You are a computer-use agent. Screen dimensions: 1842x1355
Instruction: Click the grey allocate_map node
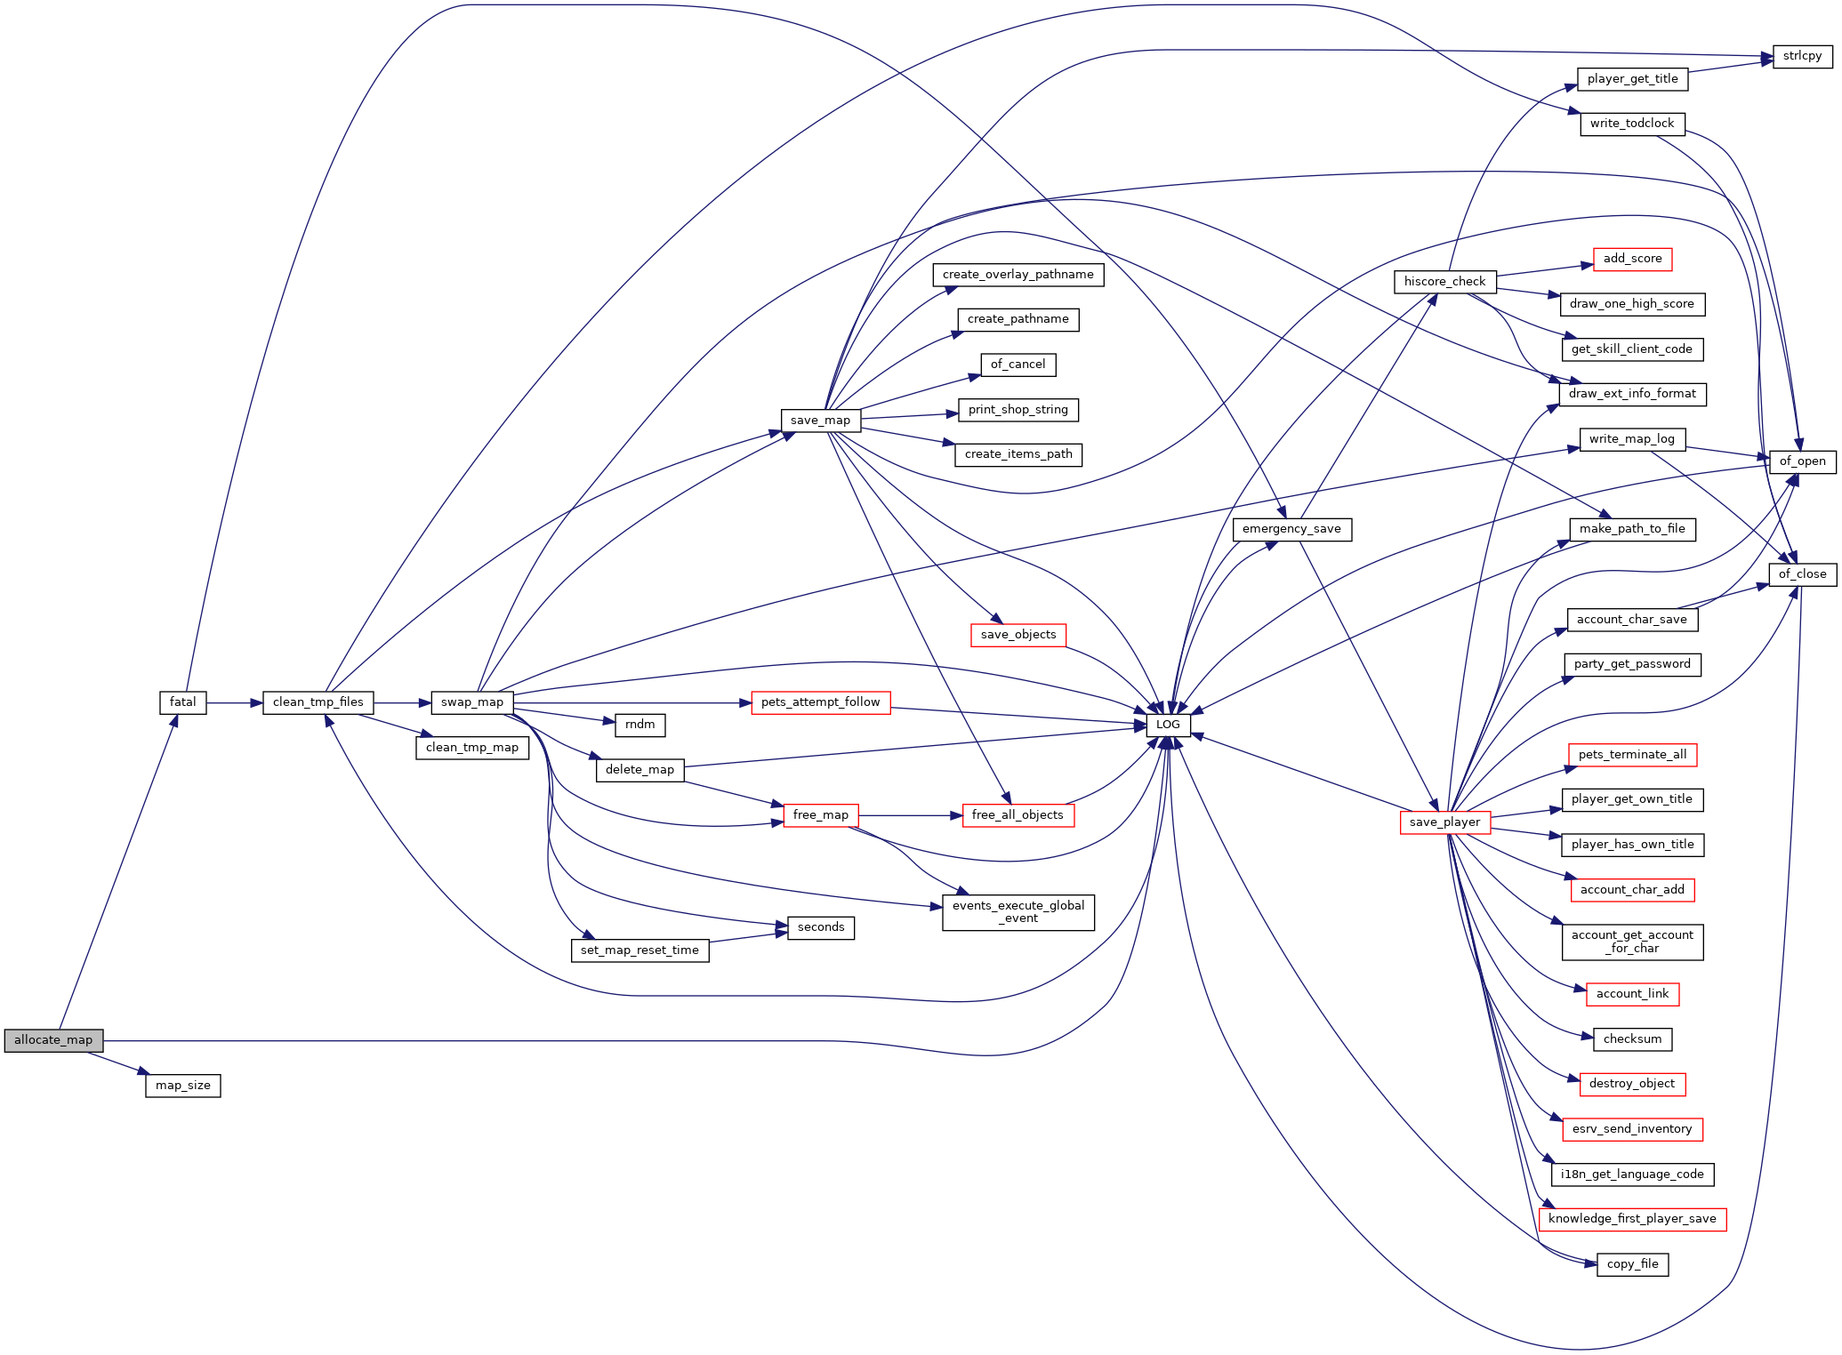[53, 1040]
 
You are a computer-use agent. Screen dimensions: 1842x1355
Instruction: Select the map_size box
[183, 1086]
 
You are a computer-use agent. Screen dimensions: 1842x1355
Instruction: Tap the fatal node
[183, 702]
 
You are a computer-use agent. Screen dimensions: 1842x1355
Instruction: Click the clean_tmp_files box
[318, 702]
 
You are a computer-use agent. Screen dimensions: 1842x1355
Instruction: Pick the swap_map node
[472, 702]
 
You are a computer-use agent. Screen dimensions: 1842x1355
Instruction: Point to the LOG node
[1168, 725]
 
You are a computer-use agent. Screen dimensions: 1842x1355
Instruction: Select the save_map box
[820, 421]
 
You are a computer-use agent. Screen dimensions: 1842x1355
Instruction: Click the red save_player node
[1444, 822]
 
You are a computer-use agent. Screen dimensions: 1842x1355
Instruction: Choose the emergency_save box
[1291, 529]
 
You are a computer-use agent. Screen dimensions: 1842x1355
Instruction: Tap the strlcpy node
[1802, 56]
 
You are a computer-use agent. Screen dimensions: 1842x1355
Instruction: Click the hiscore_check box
[1445, 282]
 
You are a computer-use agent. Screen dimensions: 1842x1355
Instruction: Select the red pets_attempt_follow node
[820, 702]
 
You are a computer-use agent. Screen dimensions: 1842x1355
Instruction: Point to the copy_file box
[1632, 1264]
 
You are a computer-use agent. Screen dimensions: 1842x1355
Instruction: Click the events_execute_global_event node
[1018, 912]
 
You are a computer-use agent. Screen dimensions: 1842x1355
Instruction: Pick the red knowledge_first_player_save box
[1632, 1219]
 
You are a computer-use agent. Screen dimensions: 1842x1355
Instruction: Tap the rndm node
[640, 725]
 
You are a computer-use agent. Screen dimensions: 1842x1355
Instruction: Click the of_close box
[1802, 574]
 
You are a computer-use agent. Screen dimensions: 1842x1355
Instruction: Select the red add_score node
[1632, 259]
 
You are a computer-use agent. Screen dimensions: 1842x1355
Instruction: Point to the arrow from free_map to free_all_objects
[911, 815]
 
